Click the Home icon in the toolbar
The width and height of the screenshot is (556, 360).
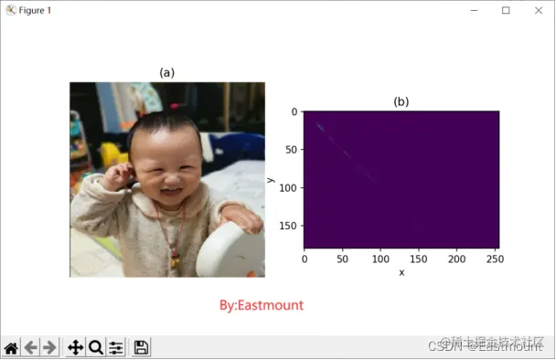[11, 347]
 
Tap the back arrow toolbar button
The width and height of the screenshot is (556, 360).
[31, 347]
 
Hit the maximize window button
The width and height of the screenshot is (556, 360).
[506, 10]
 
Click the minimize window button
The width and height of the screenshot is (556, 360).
[473, 10]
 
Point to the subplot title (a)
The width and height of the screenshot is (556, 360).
[166, 72]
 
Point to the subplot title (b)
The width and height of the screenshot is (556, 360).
[401, 101]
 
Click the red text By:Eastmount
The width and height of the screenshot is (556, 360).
[262, 304]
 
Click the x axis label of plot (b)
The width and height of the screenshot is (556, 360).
[401, 272]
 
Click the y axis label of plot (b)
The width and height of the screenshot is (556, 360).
[272, 180]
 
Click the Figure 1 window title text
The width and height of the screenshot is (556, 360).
[36, 10]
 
